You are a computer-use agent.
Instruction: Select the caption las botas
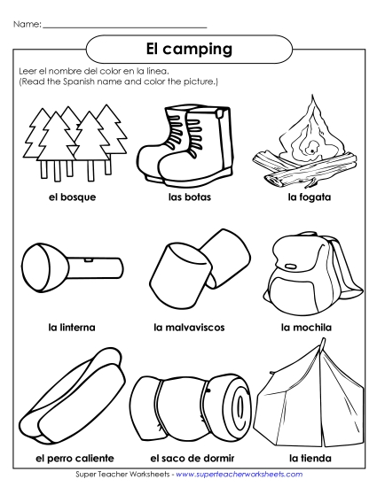click(187, 197)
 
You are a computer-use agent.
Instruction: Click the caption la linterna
click(72, 327)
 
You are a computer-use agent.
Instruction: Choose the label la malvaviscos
click(189, 327)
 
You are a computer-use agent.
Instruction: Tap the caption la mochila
click(306, 327)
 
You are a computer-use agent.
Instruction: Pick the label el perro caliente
click(75, 458)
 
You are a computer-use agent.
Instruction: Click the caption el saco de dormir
click(189, 458)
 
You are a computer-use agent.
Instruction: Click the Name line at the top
click(124, 24)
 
